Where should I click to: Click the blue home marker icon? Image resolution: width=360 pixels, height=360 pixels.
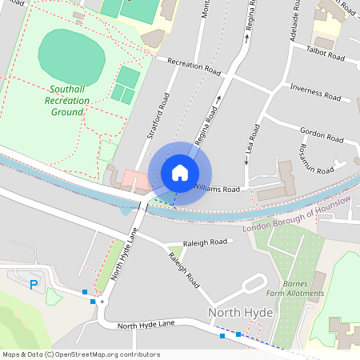(x=179, y=173)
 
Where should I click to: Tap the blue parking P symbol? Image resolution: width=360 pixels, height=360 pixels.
(x=34, y=284)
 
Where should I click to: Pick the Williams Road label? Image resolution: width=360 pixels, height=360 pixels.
(x=218, y=190)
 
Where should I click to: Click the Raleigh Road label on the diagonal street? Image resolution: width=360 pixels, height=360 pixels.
(x=184, y=270)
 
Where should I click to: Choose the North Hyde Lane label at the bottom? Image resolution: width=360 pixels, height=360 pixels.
(x=145, y=326)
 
